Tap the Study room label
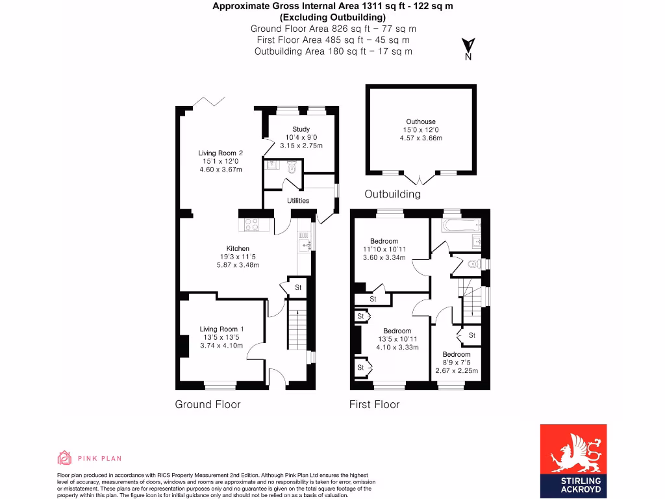301,129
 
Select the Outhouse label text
421,122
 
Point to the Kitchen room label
238,248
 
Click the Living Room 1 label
221,329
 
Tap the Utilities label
298,201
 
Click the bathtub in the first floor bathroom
460,225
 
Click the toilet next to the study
292,168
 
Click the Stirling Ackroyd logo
573,459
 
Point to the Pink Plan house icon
64,458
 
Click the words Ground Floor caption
208,404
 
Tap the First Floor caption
374,404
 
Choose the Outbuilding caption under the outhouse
392,194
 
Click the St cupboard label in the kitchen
298,287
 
